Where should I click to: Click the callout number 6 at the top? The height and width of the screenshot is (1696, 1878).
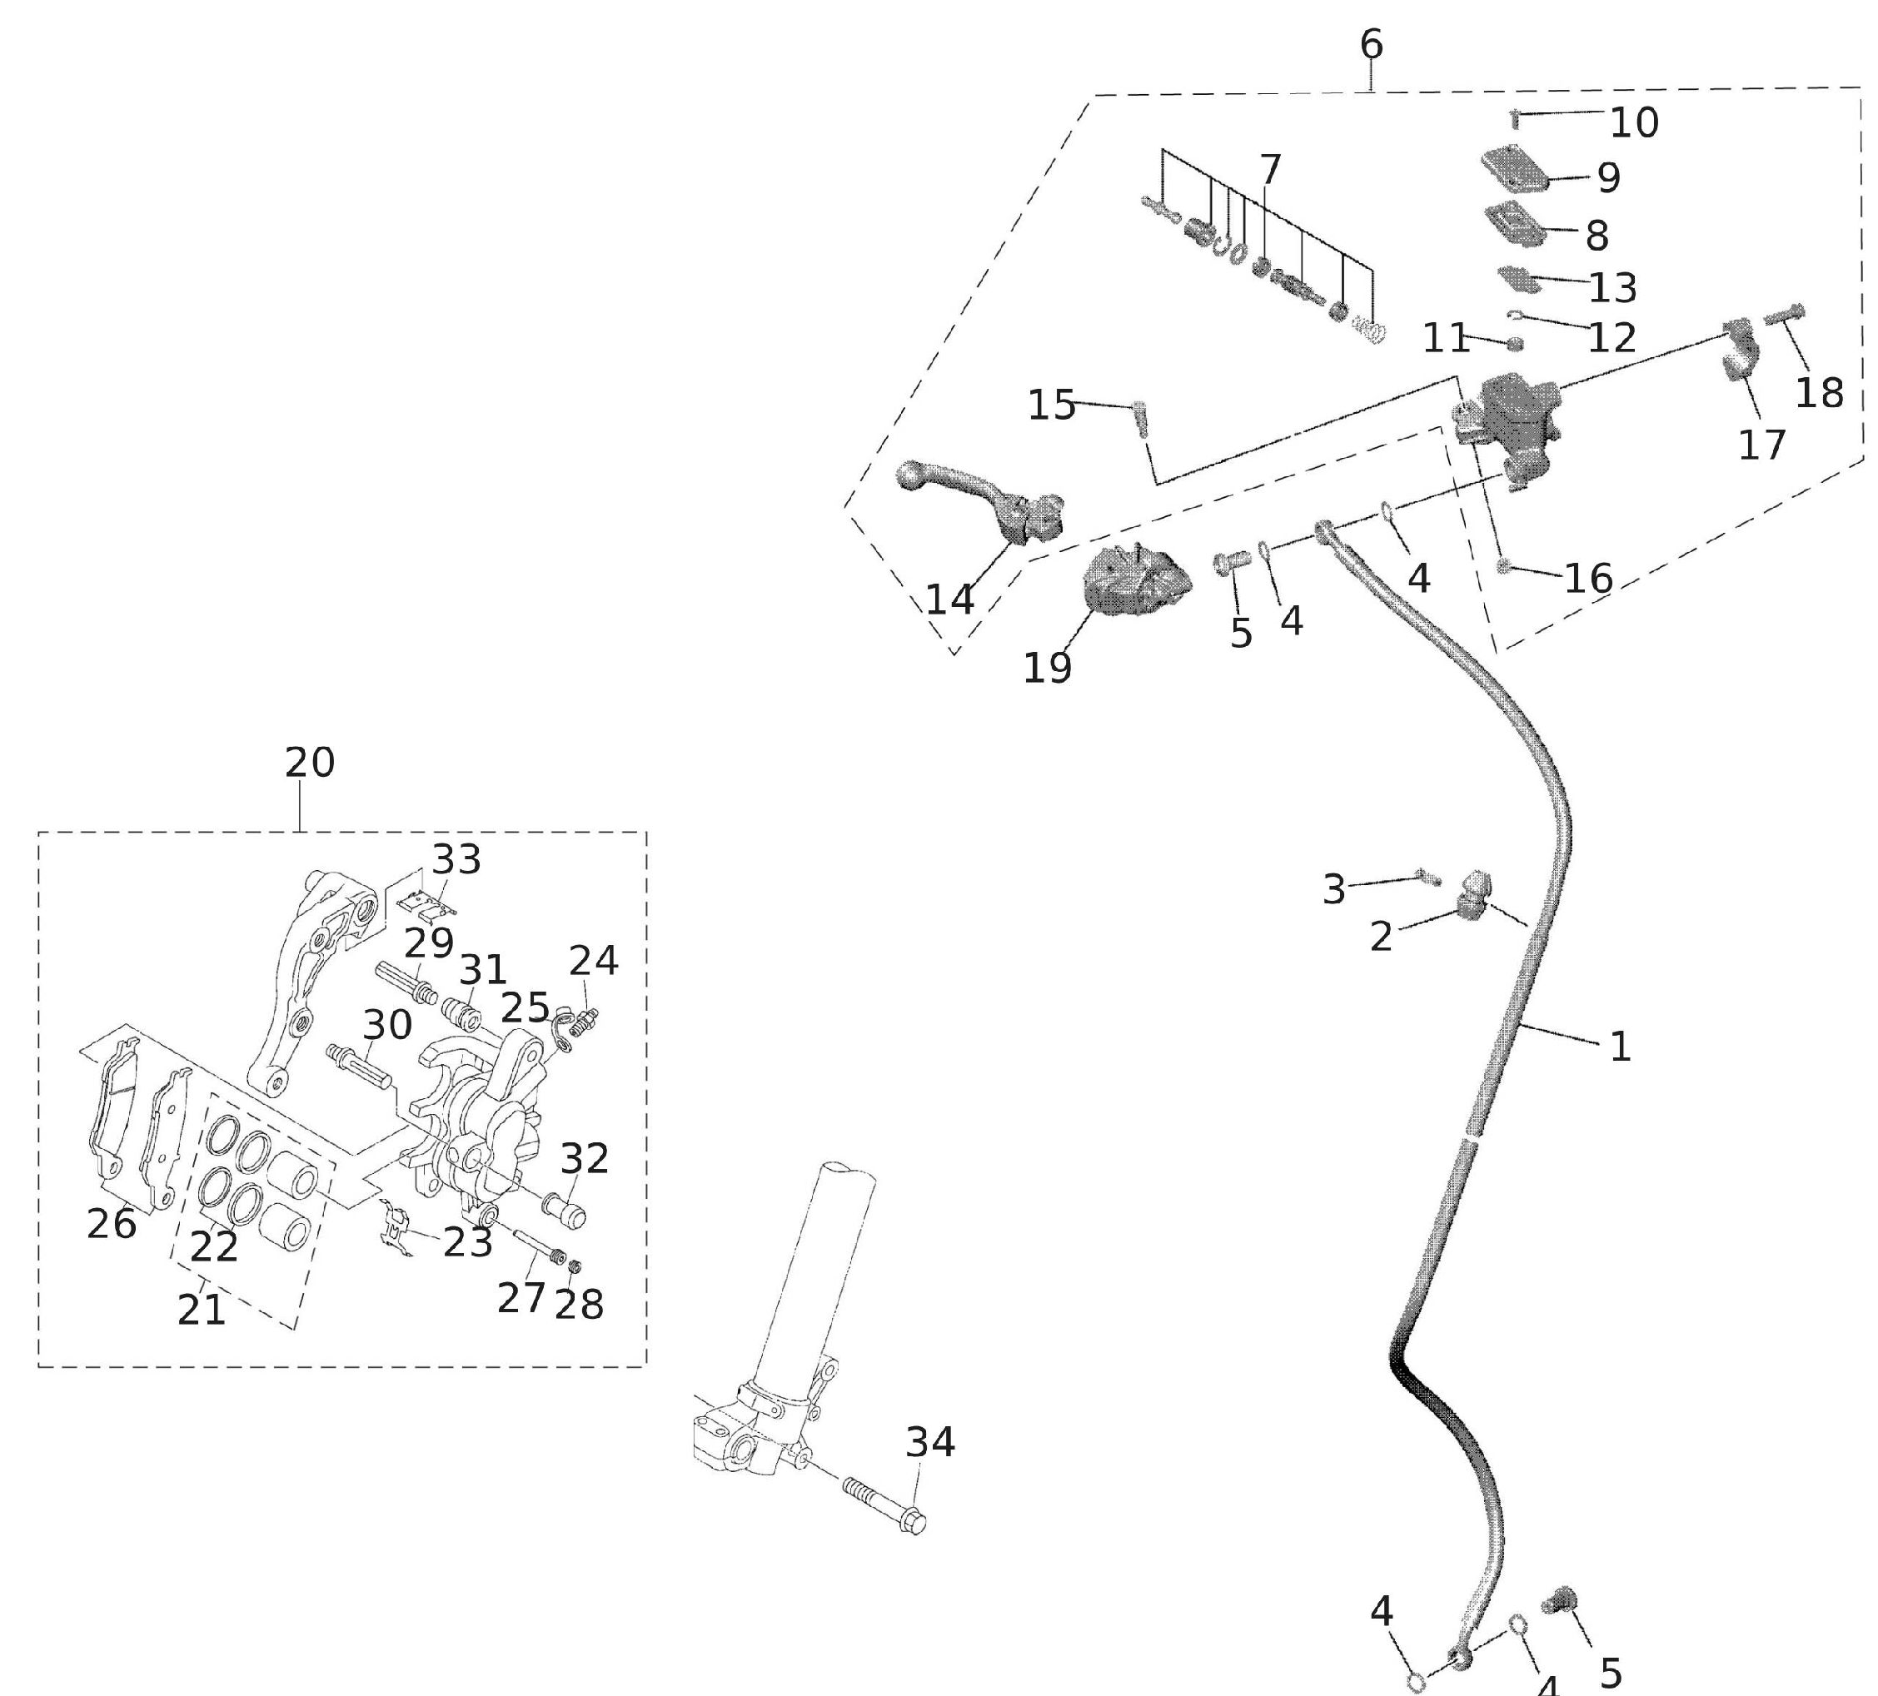[1372, 44]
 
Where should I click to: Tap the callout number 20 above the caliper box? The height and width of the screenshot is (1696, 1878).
[309, 763]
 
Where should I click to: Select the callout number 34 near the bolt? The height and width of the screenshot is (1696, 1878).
[929, 1442]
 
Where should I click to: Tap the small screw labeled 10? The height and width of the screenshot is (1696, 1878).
[1515, 119]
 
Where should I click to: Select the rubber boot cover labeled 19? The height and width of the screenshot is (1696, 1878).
[1137, 581]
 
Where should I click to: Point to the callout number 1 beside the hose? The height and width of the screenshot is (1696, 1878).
[1620, 1047]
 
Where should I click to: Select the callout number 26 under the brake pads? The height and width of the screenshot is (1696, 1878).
[112, 1223]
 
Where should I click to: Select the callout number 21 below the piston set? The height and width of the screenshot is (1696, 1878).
[202, 1311]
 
